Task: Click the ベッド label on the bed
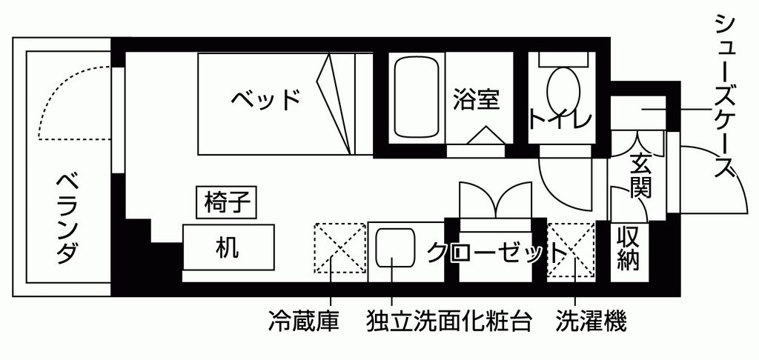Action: coord(265,99)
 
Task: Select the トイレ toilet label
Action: coord(560,119)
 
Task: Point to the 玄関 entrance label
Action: coord(640,175)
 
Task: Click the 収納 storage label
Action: coord(629,249)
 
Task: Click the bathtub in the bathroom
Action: coord(417,97)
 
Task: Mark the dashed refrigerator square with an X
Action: coord(339,247)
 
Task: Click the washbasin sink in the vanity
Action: coord(395,247)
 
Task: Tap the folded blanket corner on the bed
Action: coord(334,104)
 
